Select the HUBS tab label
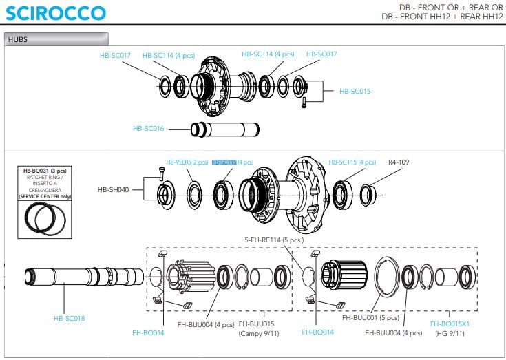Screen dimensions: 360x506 18,39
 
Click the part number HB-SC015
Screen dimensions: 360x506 355,91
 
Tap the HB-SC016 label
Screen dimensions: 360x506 148,128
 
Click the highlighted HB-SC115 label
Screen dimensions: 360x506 224,162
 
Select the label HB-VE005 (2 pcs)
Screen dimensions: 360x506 187,162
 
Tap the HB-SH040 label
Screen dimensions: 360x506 114,189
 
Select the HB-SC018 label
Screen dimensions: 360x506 70,318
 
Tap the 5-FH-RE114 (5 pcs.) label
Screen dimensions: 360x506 274,240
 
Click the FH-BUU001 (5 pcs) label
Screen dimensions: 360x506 370,319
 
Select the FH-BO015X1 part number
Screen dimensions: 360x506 450,324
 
